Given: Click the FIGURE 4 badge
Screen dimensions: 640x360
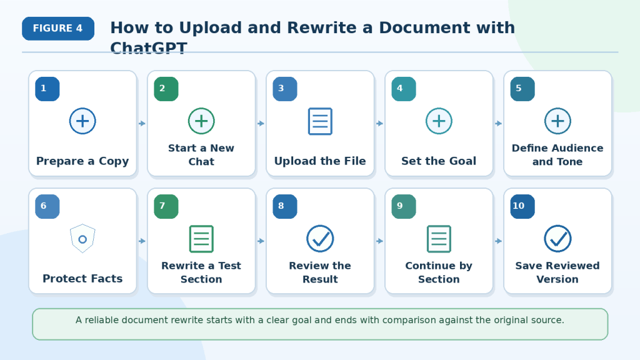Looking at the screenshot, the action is tap(58, 29).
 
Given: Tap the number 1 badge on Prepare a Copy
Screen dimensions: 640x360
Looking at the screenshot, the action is tap(47, 89).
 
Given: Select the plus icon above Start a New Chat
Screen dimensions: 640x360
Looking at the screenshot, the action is tap(201, 121).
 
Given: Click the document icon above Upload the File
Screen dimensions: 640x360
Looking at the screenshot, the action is tap(320, 121).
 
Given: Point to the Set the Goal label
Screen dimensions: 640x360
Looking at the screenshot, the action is tap(439, 161).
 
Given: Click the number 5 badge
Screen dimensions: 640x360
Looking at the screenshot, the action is tap(522, 89).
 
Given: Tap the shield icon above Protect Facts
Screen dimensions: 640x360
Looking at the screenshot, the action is tap(82, 239).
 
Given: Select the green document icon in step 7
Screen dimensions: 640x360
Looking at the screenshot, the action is tap(201, 239).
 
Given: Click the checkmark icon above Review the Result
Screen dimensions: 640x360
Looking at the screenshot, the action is tap(320, 239).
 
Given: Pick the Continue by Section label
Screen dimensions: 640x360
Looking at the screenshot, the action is tap(439, 272).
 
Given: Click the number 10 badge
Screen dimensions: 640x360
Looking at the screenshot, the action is tap(522, 206).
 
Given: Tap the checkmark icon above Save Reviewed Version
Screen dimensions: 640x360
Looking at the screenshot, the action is tap(557, 239).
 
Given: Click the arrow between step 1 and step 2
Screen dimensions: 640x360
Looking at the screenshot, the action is tap(142, 123).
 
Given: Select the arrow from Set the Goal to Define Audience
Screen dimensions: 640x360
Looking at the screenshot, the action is tap(498, 123).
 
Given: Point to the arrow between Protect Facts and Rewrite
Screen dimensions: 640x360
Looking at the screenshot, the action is tap(142, 241).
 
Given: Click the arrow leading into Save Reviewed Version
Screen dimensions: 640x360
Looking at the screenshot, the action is tap(498, 241).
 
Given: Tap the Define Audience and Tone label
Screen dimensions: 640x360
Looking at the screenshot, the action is tap(557, 155).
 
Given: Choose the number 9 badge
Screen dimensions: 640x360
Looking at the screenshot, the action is tap(404, 206).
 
